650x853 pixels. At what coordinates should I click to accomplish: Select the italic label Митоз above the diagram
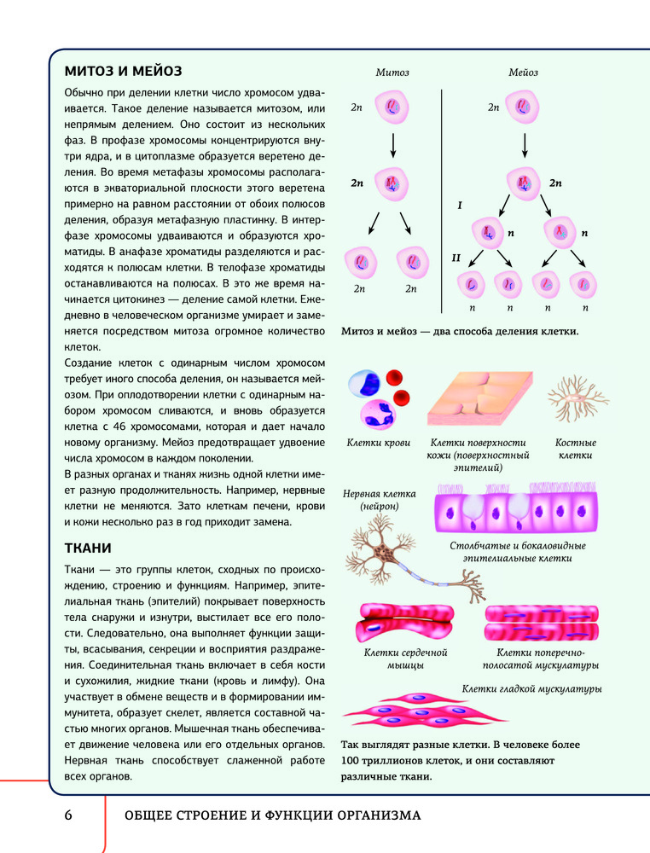392,73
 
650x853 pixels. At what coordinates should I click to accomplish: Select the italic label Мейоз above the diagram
524,73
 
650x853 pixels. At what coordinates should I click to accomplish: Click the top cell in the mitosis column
392,108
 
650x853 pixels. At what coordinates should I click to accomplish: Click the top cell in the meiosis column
523,108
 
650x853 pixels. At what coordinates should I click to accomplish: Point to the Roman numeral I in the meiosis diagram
460,206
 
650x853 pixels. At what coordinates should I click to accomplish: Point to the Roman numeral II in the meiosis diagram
456,257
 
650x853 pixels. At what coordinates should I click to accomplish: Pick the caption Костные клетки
575,449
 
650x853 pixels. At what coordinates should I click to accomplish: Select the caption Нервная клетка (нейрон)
379,500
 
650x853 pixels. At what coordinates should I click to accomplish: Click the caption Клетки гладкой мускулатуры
532,688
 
